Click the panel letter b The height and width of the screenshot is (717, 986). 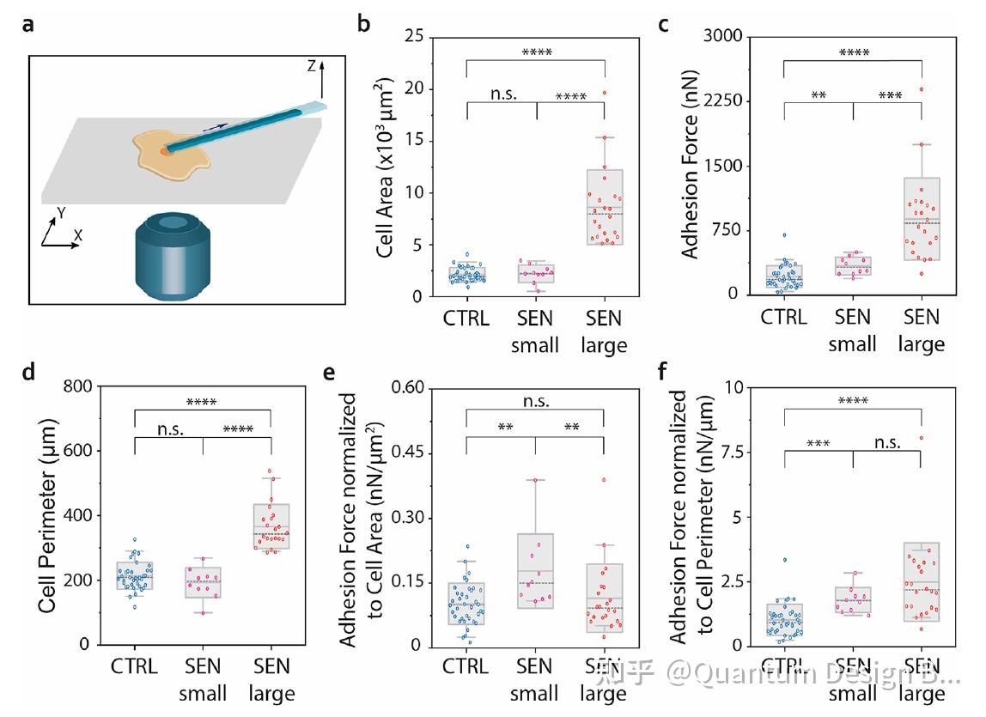364,24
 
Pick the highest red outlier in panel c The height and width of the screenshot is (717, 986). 921,89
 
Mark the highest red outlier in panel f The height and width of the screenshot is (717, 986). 921,438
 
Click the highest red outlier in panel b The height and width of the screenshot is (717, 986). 605,93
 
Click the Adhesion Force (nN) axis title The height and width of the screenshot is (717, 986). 690,167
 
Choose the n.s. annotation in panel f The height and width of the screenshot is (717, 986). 887,442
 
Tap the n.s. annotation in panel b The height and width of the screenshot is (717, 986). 502,94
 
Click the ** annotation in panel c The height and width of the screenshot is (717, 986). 819,95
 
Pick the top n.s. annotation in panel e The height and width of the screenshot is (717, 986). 536,401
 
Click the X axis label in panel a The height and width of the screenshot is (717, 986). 79,234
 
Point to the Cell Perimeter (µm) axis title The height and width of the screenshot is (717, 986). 47,515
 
